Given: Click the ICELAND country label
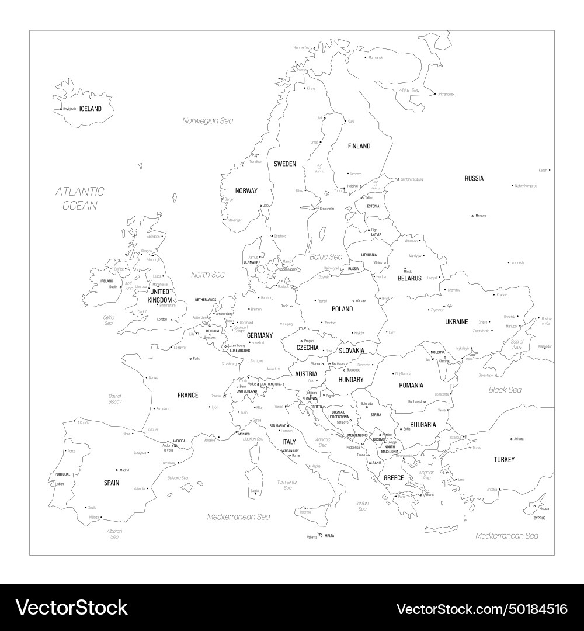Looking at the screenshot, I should pos(91,109).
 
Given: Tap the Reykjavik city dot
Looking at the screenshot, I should pos(61,109).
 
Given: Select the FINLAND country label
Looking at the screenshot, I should pos(359,146).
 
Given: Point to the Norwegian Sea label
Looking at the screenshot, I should pos(207,121).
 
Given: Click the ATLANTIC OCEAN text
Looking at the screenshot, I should pos(80,198).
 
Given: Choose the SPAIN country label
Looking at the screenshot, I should pos(112,483).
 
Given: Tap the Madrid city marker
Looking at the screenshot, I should pos(117,470).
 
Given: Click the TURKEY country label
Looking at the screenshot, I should pos(504,460).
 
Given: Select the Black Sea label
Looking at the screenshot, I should pos(505,390).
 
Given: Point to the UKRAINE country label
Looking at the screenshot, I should pos(457,322).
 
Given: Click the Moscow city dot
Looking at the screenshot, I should pos(472,216).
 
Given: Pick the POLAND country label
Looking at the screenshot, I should pos(342,309).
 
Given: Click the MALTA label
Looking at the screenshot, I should pos(329,536).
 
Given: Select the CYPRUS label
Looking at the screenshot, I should pos(540,518).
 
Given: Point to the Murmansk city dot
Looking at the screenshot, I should pos(366,57).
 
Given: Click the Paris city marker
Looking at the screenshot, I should pos(190,358).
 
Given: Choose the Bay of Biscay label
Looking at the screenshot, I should pos(115,399).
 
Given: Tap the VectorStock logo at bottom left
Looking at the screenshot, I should pos(72,608).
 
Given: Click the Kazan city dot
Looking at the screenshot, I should pos(550,170).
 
